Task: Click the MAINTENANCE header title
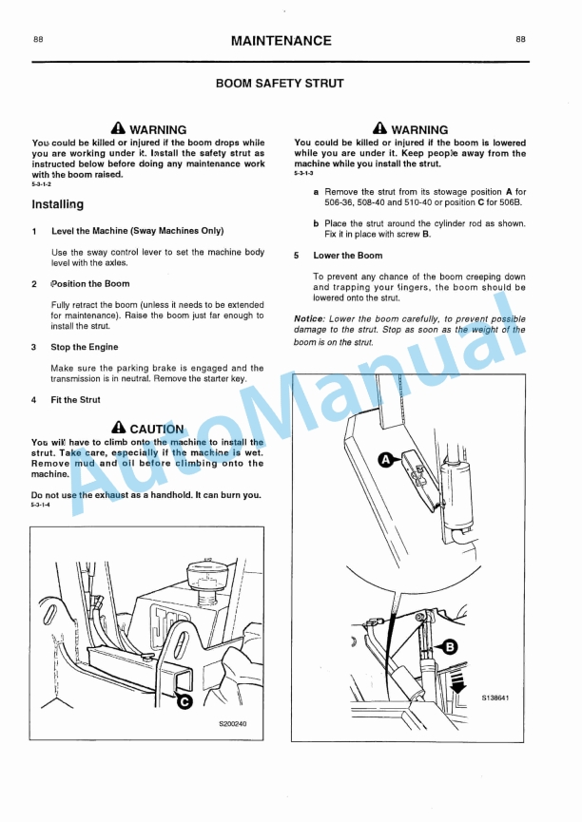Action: [281, 41]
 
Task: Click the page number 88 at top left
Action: [37, 40]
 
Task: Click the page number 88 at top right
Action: [521, 40]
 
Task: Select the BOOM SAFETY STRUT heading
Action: [280, 84]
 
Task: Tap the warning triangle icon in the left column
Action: [118, 128]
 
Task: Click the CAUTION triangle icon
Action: [118, 429]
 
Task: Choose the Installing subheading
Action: [57, 204]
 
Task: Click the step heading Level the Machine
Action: [137, 231]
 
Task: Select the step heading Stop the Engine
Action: [85, 347]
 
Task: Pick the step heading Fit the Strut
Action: [76, 400]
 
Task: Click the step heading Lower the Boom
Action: [348, 256]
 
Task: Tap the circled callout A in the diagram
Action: [386, 459]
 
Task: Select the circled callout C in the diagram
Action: [185, 701]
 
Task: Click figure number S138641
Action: [495, 698]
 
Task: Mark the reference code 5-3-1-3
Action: [303, 175]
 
